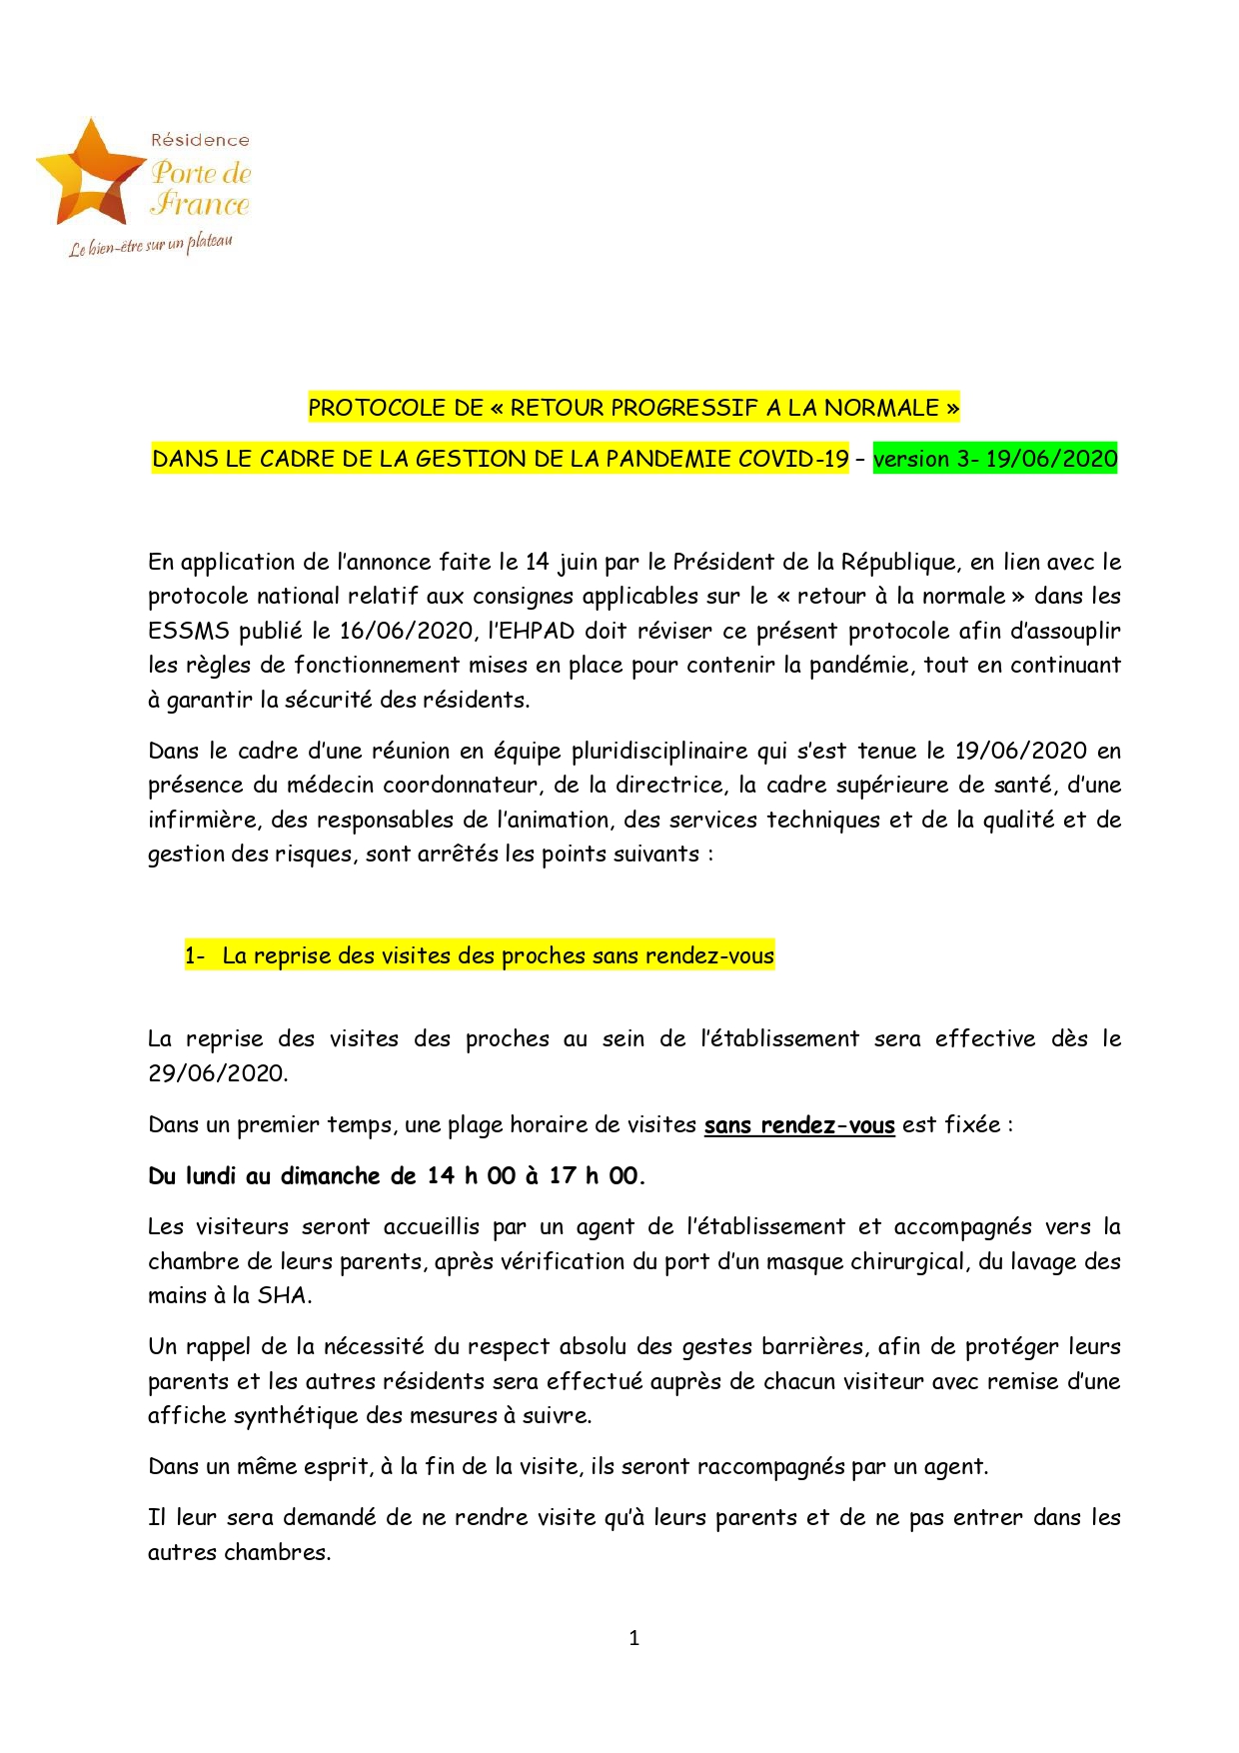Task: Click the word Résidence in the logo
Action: tap(200, 141)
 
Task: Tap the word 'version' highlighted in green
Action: tap(911, 459)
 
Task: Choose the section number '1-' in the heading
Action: tap(195, 955)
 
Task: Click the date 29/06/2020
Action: tap(217, 1073)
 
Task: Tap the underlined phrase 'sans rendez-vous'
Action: tap(799, 1125)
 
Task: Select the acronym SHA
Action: tap(283, 1296)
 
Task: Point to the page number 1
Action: tap(634, 1638)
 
